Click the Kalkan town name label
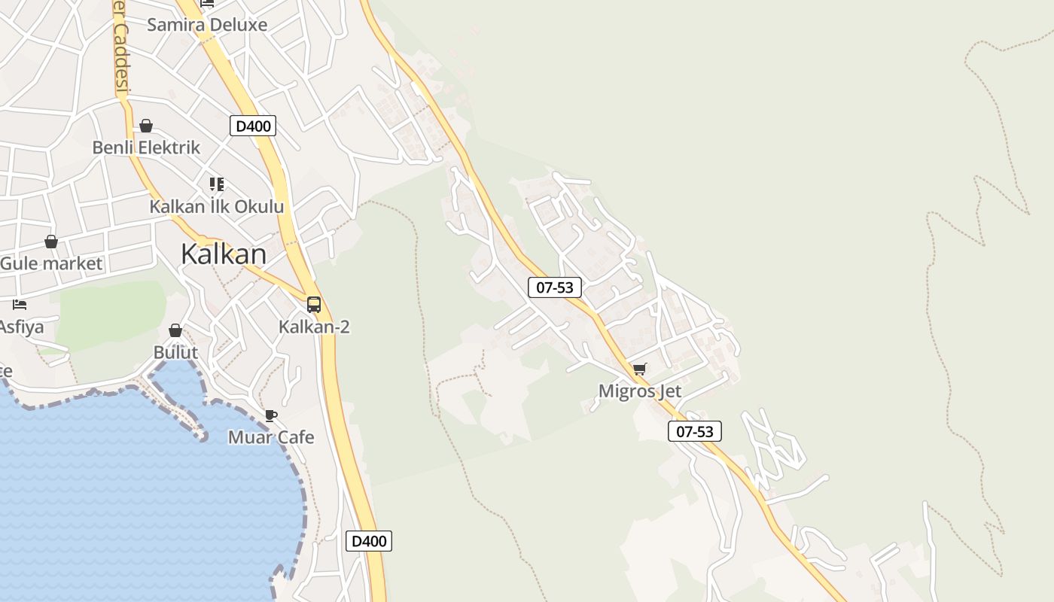[x=224, y=254]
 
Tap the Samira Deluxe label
[x=207, y=25]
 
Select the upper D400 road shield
[x=253, y=126]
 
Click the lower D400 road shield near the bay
[x=369, y=541]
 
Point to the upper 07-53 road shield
[x=555, y=287]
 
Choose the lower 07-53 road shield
[x=695, y=431]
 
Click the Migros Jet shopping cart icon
[x=640, y=369]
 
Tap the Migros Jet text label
[x=640, y=391]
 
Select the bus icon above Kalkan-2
[x=314, y=305]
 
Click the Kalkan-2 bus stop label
[x=314, y=327]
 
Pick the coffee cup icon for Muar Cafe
[x=271, y=415]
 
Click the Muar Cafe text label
[x=271, y=437]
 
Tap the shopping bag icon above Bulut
[x=175, y=330]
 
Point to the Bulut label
[x=175, y=352]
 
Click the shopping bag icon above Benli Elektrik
[x=146, y=126]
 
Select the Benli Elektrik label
[x=146, y=147]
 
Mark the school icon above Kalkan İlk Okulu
[x=217, y=184]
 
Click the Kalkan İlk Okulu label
[x=217, y=207]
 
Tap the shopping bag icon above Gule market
[x=51, y=242]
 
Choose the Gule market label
[x=51, y=264]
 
